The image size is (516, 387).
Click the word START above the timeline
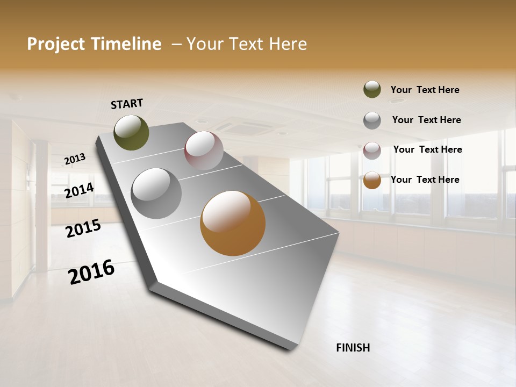pyautogui.click(x=127, y=104)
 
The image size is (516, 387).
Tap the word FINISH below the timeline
pyautogui.click(x=353, y=348)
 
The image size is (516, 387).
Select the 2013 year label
pyautogui.click(x=75, y=159)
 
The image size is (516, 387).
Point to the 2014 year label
pyautogui.click(x=79, y=191)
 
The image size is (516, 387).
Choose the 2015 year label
pyautogui.click(x=83, y=228)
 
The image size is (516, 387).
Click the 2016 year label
pyautogui.click(x=91, y=272)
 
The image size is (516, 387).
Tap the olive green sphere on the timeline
pyautogui.click(x=131, y=133)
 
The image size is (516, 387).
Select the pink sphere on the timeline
pyautogui.click(x=204, y=150)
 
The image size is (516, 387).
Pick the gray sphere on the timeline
pyautogui.click(x=156, y=193)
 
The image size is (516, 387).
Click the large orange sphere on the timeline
pyautogui.click(x=233, y=223)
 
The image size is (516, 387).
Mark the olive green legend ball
pyautogui.click(x=372, y=89)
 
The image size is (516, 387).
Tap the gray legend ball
pyautogui.click(x=372, y=120)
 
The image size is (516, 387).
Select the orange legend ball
pyautogui.click(x=372, y=180)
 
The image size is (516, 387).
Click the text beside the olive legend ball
pyautogui.click(x=425, y=90)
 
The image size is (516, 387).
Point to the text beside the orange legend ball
pyautogui.click(x=425, y=180)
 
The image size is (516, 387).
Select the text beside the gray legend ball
pyautogui.click(x=427, y=120)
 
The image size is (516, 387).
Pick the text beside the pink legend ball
pyautogui.click(x=428, y=149)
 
